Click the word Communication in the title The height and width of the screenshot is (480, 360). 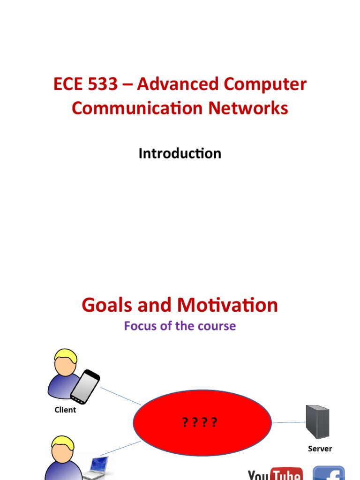click(x=137, y=108)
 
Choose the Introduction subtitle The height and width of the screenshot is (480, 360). click(x=180, y=153)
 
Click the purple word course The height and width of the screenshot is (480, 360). click(x=215, y=326)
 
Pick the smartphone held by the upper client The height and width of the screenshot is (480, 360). click(x=85, y=386)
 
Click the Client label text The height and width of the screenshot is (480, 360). click(x=65, y=410)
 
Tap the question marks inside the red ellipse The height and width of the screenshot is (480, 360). click(x=200, y=423)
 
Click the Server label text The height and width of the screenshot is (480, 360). click(x=320, y=449)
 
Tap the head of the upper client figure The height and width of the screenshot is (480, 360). click(x=65, y=361)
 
